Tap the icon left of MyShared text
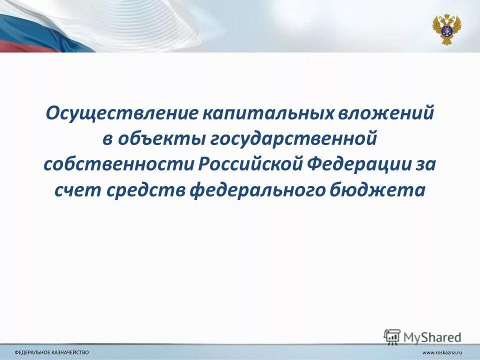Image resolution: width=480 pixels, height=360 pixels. (392, 336)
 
